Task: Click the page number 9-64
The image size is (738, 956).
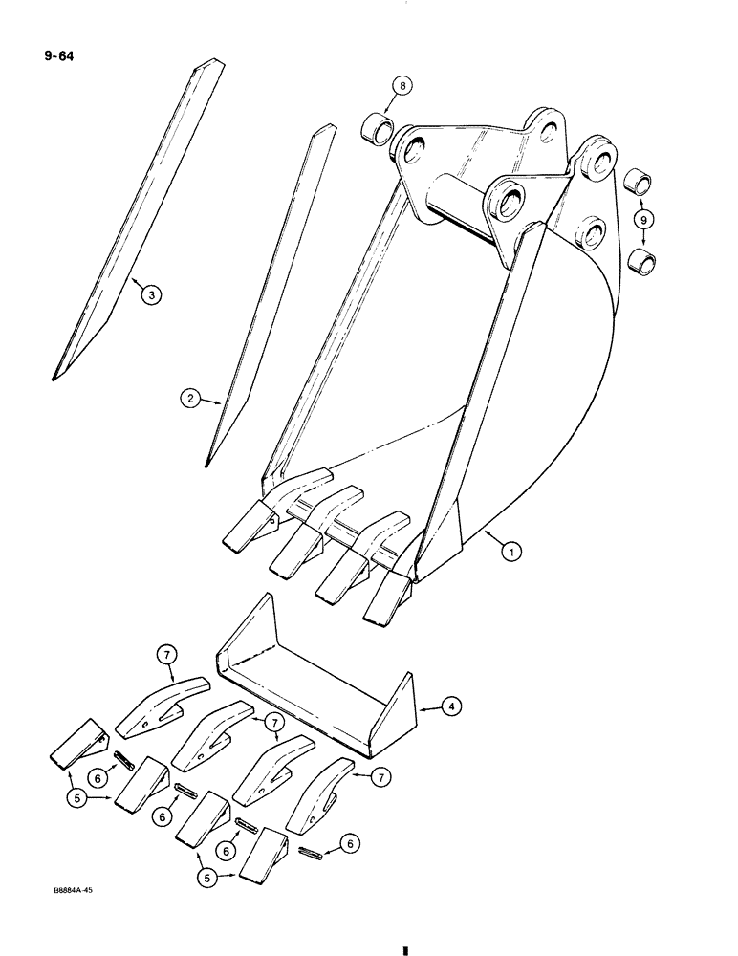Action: [57, 56]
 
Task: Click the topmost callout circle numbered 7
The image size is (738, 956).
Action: [166, 655]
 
